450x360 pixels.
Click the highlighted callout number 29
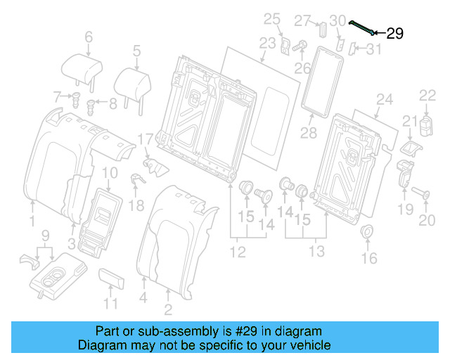(395, 33)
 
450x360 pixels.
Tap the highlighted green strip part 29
(364, 27)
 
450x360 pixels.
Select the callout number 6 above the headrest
(89, 37)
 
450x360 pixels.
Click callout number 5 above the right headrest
(136, 50)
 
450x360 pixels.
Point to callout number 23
(267, 43)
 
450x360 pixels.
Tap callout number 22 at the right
(427, 96)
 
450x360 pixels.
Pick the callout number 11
(110, 304)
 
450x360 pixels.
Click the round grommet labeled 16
(367, 232)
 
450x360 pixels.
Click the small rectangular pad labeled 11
(112, 278)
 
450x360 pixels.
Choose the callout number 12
(238, 252)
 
